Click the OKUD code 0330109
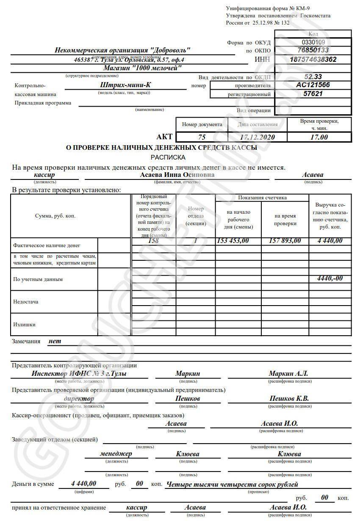[x=313, y=42]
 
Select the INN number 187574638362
[x=313, y=60]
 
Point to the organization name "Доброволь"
[x=122, y=50]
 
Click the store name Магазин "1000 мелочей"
[x=142, y=68]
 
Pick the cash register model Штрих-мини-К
[x=123, y=85]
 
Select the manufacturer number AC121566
[x=313, y=85]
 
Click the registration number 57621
[x=313, y=94]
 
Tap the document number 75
[x=202, y=137]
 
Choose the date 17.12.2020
[x=257, y=137]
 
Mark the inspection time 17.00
[x=319, y=137]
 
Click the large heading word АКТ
[x=165, y=137]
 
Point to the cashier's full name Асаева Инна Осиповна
[x=177, y=175]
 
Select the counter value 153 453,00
[x=233, y=241]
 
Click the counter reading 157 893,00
[x=285, y=241]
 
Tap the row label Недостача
[x=26, y=302]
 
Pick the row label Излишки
[x=24, y=325]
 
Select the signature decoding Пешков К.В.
[x=289, y=399]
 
